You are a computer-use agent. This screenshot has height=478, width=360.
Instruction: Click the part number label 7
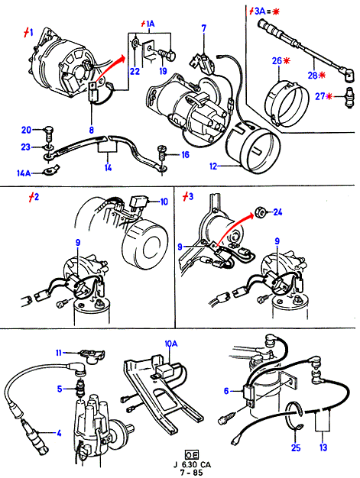(x=204, y=28)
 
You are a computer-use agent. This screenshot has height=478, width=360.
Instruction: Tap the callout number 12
(x=213, y=166)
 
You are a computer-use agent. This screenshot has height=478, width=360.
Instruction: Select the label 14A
(x=24, y=173)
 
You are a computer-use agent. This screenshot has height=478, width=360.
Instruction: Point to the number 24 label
(x=277, y=212)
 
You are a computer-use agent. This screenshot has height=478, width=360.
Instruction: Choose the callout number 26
(x=277, y=61)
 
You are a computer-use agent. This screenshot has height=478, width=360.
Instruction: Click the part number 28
(x=313, y=75)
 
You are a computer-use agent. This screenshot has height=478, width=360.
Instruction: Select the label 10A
(x=171, y=344)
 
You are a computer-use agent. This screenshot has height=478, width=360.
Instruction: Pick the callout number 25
(x=296, y=447)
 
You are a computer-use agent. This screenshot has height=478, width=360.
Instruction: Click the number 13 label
(x=323, y=447)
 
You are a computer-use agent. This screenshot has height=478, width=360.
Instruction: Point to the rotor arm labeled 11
(x=92, y=356)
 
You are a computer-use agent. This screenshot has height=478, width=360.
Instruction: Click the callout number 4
(x=59, y=433)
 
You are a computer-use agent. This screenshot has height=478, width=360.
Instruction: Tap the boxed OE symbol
(x=192, y=455)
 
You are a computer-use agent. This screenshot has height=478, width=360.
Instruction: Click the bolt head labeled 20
(x=49, y=131)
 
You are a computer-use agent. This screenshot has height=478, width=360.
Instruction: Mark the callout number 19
(x=164, y=71)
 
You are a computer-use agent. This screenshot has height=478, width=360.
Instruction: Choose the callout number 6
(x=226, y=391)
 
